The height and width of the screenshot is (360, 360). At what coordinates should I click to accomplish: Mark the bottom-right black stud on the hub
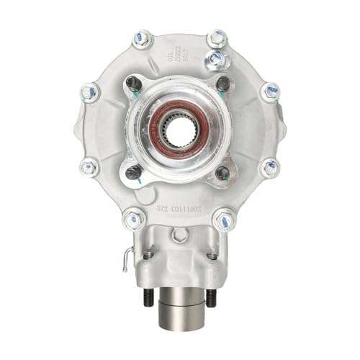click(x=222, y=174)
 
